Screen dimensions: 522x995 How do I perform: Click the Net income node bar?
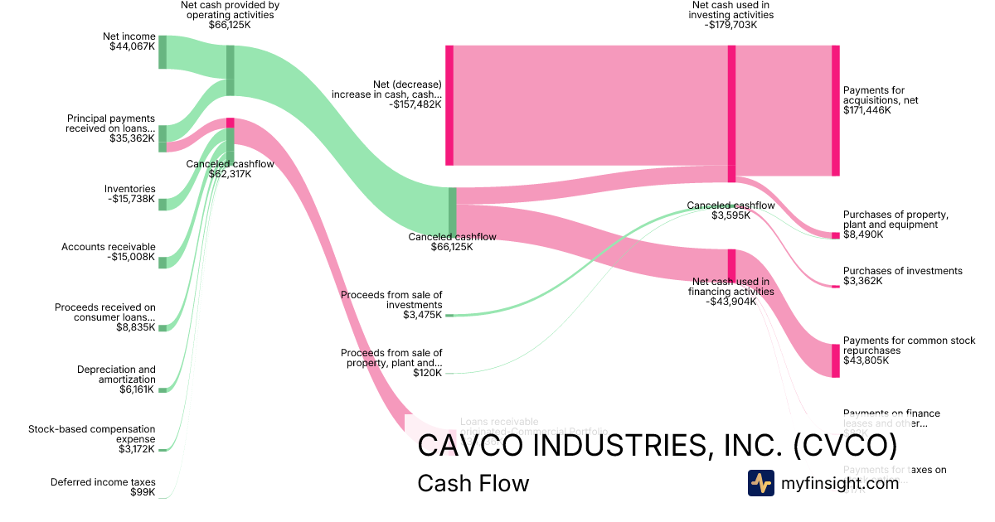pos(163,52)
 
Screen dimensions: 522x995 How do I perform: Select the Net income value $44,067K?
pos(132,46)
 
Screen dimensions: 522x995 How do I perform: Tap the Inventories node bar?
pos(163,205)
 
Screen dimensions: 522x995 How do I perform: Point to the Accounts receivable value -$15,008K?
pos(131,257)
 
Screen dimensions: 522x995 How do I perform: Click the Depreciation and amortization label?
pos(116,375)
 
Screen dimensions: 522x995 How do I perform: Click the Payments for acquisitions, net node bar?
pos(835,110)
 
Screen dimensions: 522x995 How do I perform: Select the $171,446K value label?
pos(867,110)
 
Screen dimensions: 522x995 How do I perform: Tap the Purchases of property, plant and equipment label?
pos(895,220)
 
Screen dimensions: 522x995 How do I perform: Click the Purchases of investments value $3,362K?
pos(863,281)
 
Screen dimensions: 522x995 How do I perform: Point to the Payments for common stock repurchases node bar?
pos(835,360)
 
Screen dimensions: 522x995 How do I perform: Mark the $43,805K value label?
pos(865,360)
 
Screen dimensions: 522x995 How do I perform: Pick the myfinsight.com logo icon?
pos(760,483)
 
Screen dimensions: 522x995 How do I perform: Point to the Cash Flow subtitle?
pos(473,483)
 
